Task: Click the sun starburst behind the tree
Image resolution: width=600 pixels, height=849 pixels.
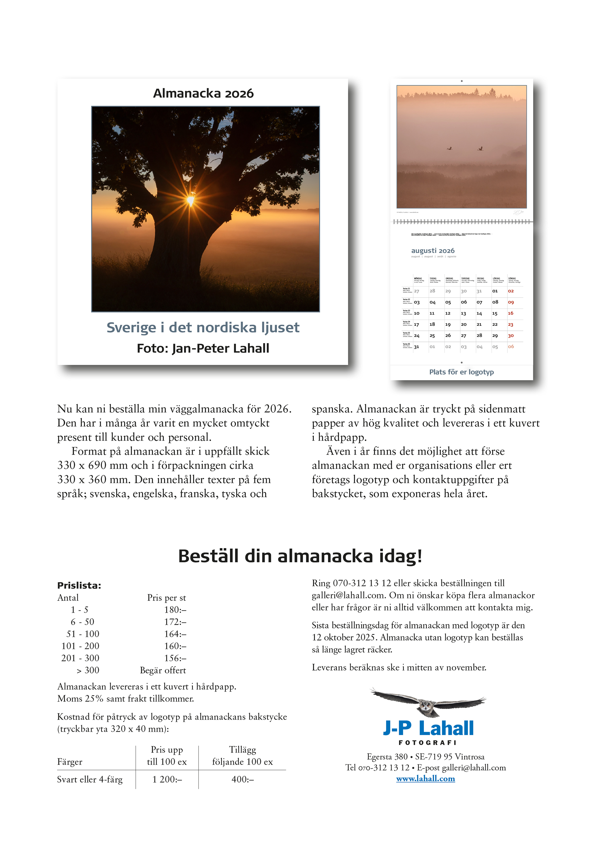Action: coord(190,200)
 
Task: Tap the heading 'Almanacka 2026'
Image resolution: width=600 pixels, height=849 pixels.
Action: coord(203,93)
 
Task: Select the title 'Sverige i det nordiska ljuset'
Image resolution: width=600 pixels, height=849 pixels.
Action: coord(203,328)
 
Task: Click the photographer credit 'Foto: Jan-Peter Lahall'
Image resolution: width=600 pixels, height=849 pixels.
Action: coord(203,348)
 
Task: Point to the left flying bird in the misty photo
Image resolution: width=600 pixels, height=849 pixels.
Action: coord(450,148)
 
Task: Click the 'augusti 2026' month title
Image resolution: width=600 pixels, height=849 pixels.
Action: coord(433,251)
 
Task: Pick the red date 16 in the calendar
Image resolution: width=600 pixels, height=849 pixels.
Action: coord(511,313)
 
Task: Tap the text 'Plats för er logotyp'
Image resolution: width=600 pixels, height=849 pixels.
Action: coord(461,372)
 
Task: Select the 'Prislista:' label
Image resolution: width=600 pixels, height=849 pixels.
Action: coord(79,585)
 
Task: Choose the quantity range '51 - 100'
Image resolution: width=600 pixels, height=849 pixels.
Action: coord(83,634)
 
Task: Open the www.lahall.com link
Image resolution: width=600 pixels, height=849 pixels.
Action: coord(426,778)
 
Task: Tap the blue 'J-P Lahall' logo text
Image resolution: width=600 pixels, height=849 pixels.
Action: coord(428,728)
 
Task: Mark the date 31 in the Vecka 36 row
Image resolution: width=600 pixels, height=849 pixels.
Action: coord(416,347)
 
